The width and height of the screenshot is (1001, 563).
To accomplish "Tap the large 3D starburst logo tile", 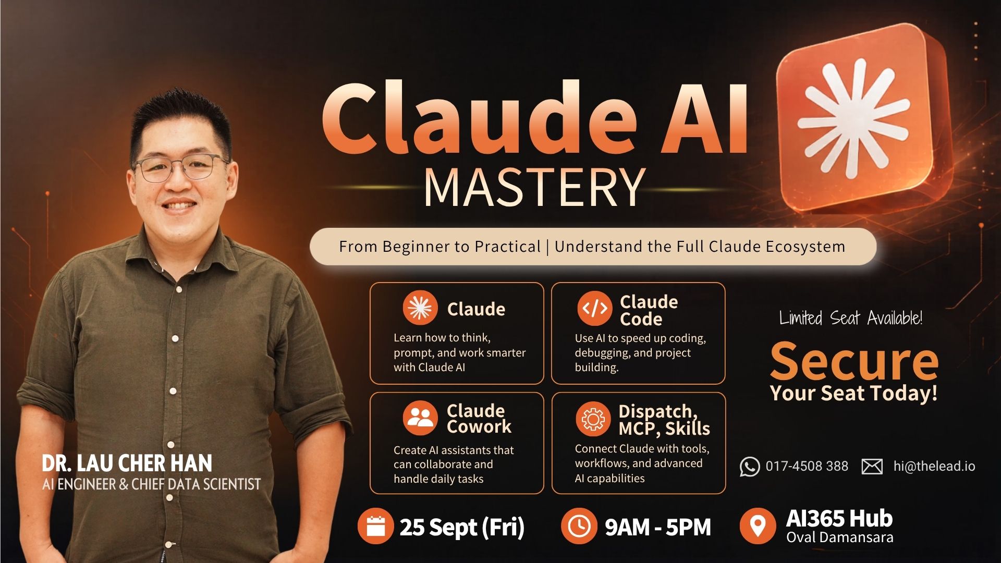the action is [x=860, y=117].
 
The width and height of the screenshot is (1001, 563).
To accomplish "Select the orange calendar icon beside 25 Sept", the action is [x=375, y=526].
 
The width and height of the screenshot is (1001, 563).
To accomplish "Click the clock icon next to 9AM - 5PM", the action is [x=579, y=526].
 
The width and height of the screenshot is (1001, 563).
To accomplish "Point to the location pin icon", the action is [x=758, y=526].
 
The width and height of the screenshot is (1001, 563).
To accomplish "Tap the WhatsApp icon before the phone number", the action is [x=750, y=467].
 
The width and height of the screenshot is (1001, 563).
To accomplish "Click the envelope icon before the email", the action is [x=872, y=467].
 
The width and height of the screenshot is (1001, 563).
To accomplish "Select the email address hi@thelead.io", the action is [x=934, y=466].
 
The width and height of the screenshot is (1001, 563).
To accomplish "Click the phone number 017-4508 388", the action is [x=807, y=466].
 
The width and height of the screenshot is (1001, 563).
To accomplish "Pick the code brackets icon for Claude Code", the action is [x=595, y=309].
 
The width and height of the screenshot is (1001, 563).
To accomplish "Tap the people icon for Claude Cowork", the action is [x=420, y=418].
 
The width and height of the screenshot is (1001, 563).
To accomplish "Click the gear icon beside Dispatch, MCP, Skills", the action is [x=593, y=419].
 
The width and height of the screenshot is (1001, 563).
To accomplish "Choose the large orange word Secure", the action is [x=854, y=361].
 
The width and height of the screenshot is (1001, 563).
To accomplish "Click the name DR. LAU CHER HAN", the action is [x=127, y=463].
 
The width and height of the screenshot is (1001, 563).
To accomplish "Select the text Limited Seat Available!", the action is [x=851, y=318].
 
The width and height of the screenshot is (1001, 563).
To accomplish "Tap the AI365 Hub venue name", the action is [x=839, y=518].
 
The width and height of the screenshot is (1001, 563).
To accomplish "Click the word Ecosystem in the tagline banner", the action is [x=805, y=247].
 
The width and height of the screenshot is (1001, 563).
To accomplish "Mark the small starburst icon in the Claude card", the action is [x=420, y=308].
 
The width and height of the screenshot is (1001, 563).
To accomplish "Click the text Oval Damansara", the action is [x=840, y=537].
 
